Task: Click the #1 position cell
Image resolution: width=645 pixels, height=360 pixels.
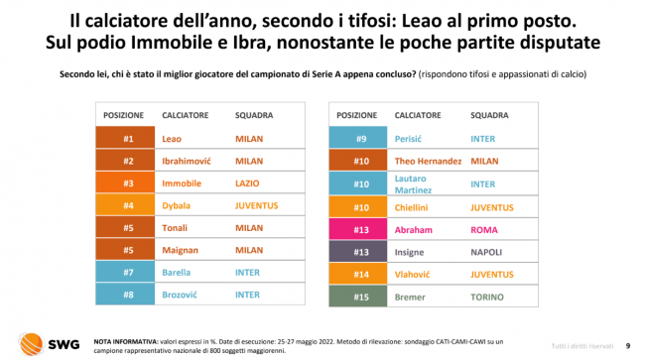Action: pos(125,137)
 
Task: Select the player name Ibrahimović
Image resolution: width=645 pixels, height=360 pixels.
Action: pos(187,161)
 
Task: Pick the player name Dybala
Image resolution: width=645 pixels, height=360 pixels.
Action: pos(176,206)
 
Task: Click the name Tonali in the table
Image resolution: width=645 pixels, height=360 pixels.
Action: pos(175,228)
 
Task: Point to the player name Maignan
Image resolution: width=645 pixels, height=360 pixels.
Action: pos(180,250)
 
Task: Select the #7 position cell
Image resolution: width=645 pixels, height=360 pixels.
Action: pos(125,272)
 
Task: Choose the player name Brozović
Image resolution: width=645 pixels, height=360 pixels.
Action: pos(180,295)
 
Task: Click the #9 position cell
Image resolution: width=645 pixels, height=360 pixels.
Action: pos(358,137)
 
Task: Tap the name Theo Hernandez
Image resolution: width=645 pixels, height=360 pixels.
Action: pos(428,161)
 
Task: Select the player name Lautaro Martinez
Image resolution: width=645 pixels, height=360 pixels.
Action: pos(413,184)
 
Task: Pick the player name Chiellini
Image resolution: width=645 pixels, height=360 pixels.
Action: pos(411,207)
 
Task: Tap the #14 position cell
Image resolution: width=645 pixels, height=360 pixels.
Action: pos(358,274)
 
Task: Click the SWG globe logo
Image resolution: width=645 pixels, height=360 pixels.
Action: pos(31,344)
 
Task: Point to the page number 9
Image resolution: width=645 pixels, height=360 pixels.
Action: pos(628,346)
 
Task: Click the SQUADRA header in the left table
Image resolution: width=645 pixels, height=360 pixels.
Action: pos(254,115)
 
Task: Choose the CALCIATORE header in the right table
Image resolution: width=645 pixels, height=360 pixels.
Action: pos(418,115)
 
